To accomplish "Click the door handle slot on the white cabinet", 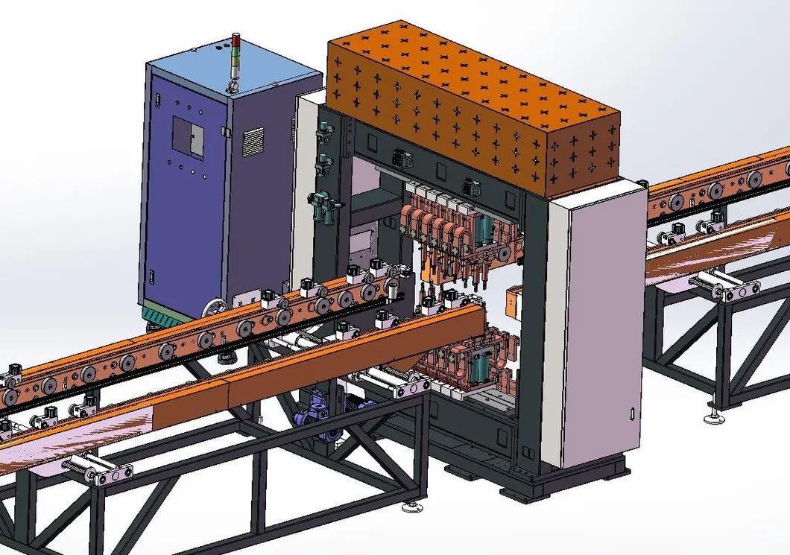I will (633, 413).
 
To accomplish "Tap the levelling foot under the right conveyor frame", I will (713, 412).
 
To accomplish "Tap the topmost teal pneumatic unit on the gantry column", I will (323, 135).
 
